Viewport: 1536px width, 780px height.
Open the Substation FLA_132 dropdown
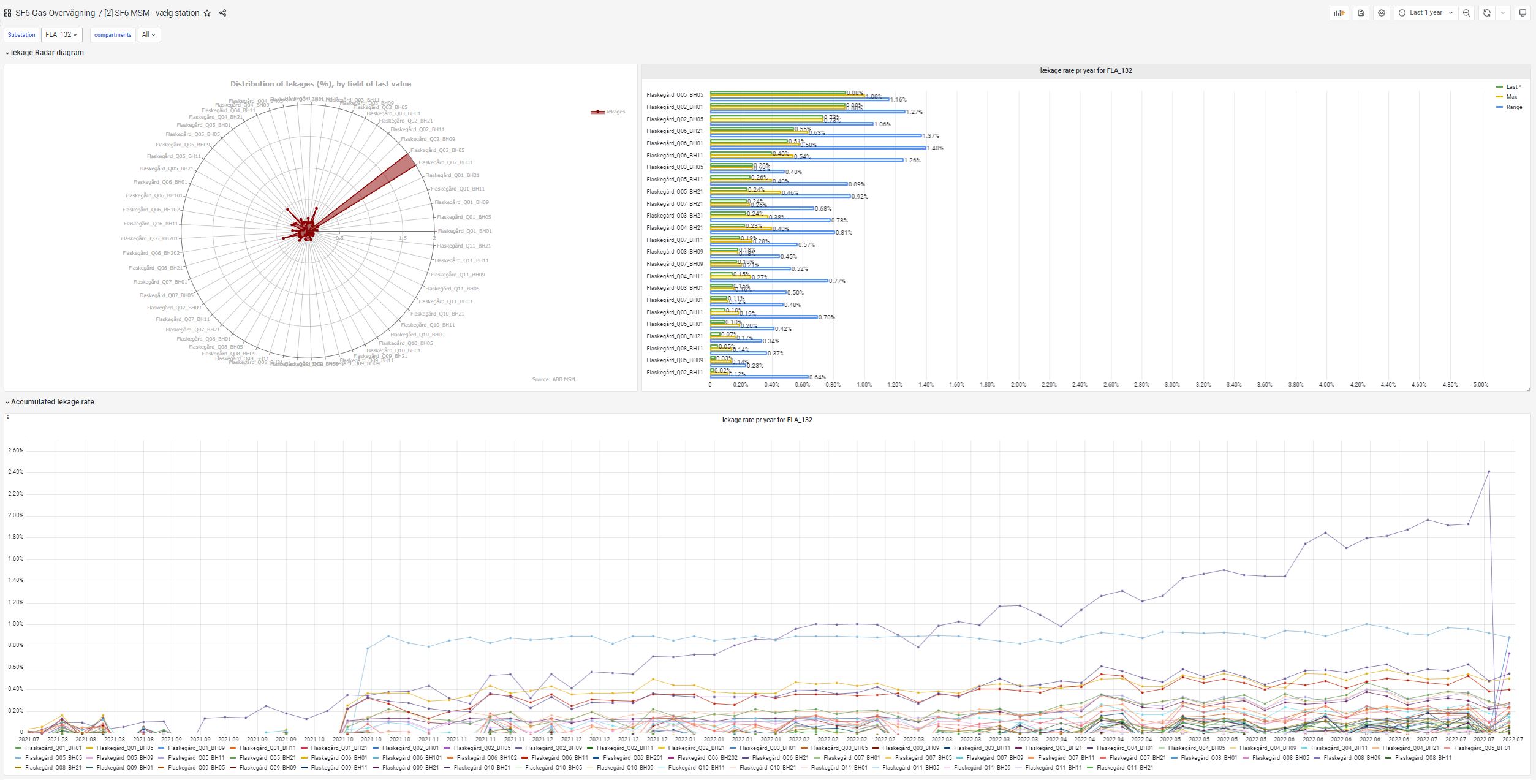(x=61, y=35)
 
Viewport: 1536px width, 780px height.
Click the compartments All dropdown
(x=148, y=35)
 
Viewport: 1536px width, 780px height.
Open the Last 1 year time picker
(x=1425, y=13)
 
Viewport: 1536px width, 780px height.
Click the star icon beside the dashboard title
(x=207, y=13)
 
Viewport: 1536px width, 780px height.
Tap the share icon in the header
(x=223, y=13)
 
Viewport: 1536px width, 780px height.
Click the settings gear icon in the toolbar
(x=1381, y=13)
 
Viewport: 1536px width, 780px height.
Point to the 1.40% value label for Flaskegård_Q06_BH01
(x=935, y=148)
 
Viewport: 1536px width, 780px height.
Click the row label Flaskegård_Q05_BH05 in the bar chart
(x=675, y=95)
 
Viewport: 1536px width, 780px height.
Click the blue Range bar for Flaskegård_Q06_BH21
(x=815, y=135)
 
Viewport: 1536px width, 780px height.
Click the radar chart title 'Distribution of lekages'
(x=320, y=84)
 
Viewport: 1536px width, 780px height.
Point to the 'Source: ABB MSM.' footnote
(x=554, y=379)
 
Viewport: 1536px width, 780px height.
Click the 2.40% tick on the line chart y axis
(x=15, y=472)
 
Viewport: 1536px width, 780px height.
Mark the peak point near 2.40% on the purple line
(x=1489, y=472)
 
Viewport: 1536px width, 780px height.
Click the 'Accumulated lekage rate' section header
(x=53, y=402)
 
